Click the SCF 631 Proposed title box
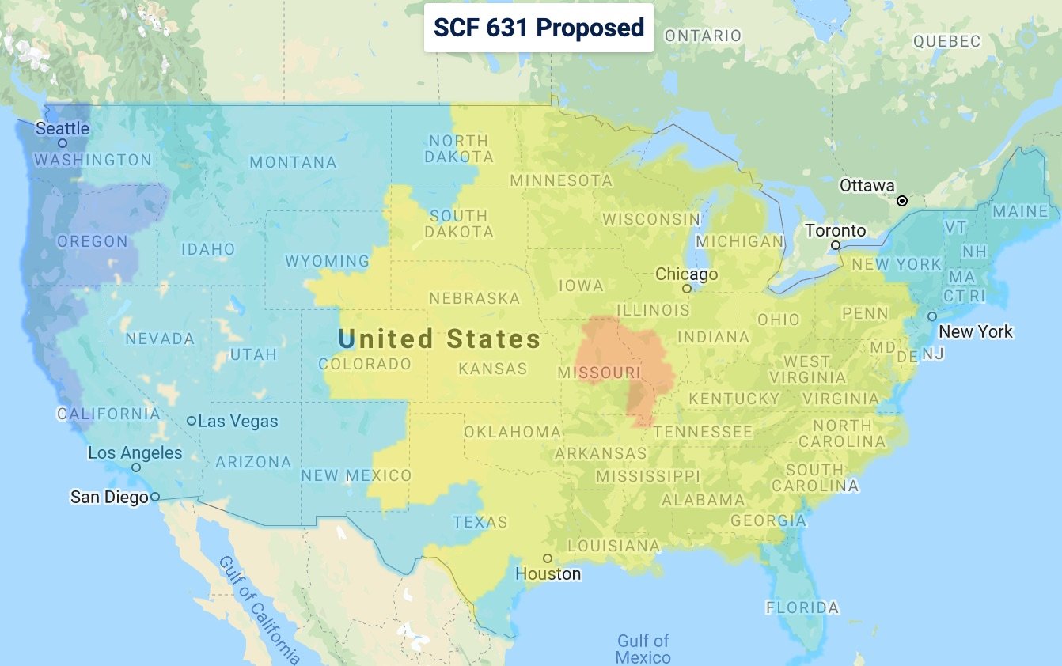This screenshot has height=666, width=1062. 539,28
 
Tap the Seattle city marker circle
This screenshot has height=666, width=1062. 63,143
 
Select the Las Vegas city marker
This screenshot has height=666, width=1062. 192,421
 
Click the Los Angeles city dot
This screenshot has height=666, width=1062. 136,467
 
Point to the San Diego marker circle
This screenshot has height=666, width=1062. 155,497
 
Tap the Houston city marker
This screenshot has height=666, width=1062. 547,558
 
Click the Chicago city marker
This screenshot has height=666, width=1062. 687,289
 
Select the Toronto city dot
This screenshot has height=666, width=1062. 835,245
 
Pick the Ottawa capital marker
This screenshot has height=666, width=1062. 901,201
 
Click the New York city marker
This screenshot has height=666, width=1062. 932,316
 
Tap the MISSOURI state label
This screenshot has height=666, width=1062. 599,372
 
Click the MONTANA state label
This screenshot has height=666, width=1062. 293,162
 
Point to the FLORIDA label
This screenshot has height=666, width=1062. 802,607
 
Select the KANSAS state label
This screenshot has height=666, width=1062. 493,369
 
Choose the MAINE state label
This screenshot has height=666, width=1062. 1020,211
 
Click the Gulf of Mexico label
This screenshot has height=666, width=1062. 643,649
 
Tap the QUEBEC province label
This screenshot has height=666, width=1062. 946,41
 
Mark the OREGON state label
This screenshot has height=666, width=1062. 93,241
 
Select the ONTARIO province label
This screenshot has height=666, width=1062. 703,36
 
